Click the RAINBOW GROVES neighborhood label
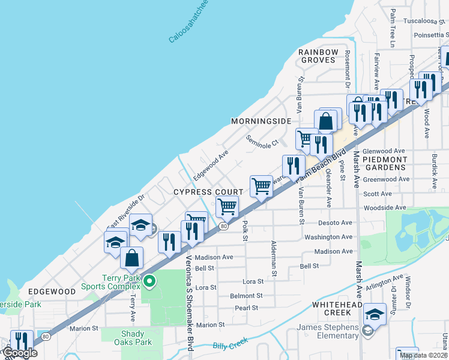[318, 56]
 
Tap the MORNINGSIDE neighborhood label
[261, 121]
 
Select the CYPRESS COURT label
[208, 191]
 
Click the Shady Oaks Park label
[129, 338]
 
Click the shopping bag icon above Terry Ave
[132, 258]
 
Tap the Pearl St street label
[246, 308]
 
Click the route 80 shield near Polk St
[223, 226]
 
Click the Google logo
[20, 353]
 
